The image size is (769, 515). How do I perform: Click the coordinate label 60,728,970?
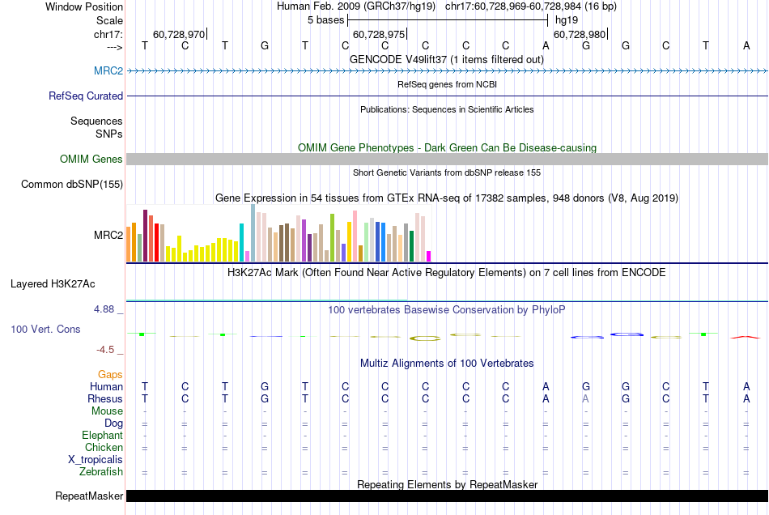pos(179,34)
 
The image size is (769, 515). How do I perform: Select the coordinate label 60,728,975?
pos(379,34)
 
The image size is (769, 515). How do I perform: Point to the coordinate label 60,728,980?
pos(580,34)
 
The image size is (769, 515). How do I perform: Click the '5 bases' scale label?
pos(326,19)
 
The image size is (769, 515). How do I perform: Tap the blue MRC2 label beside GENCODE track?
pos(108,71)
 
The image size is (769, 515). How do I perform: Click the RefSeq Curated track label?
pos(86,96)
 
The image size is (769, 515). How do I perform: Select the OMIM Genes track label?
pos(91,159)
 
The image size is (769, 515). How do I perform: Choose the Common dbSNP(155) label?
pos(72,184)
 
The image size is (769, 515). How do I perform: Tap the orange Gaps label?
pos(110,374)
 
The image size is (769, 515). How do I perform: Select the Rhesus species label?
pos(105,398)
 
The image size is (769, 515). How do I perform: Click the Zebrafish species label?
pos(101,471)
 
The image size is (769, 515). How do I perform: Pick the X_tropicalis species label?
pos(96,459)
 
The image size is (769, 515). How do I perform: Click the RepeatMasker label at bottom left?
pos(89,496)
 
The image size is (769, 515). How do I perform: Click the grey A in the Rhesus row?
pos(586,398)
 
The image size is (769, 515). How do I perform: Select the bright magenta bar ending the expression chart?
pos(429,256)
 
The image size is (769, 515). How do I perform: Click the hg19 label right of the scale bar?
pos(565,19)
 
